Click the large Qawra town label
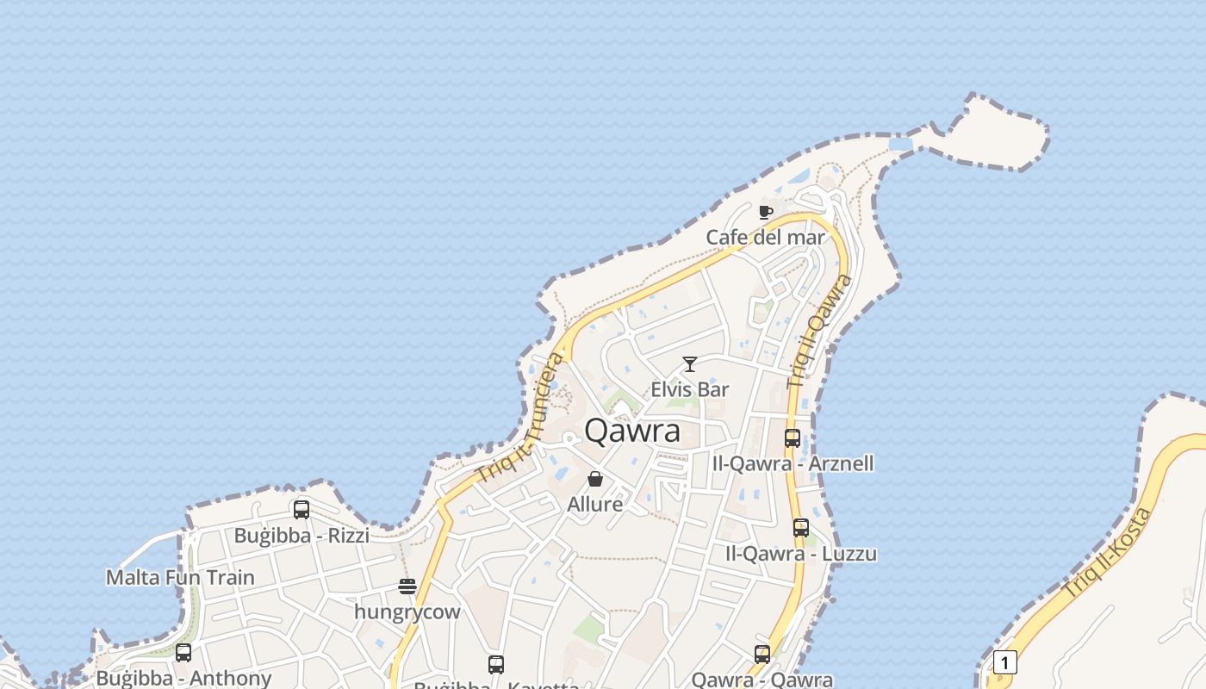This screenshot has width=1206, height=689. (x=632, y=431)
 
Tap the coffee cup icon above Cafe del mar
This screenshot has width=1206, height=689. (x=765, y=212)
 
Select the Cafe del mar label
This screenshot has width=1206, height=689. (x=765, y=237)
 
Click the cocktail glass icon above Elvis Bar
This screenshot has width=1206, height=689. (x=689, y=364)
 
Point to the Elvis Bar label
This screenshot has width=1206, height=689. (x=689, y=389)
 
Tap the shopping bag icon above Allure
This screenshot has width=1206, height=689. (x=595, y=479)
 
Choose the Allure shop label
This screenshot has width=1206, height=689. (x=595, y=504)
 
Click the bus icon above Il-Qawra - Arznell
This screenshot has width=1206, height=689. (x=793, y=438)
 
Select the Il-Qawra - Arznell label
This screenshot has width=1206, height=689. (x=793, y=463)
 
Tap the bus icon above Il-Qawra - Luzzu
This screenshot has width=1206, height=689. (x=801, y=528)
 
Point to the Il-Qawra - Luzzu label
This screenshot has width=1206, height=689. (x=801, y=553)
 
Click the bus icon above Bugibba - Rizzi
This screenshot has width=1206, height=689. (x=301, y=509)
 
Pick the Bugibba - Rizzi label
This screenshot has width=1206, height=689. (x=301, y=535)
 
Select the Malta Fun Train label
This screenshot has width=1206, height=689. (x=180, y=577)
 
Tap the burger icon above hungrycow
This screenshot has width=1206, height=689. (x=407, y=587)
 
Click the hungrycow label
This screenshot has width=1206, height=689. (x=407, y=611)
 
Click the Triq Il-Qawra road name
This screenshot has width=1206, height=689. (x=819, y=331)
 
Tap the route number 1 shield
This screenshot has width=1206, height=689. (x=1004, y=662)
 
